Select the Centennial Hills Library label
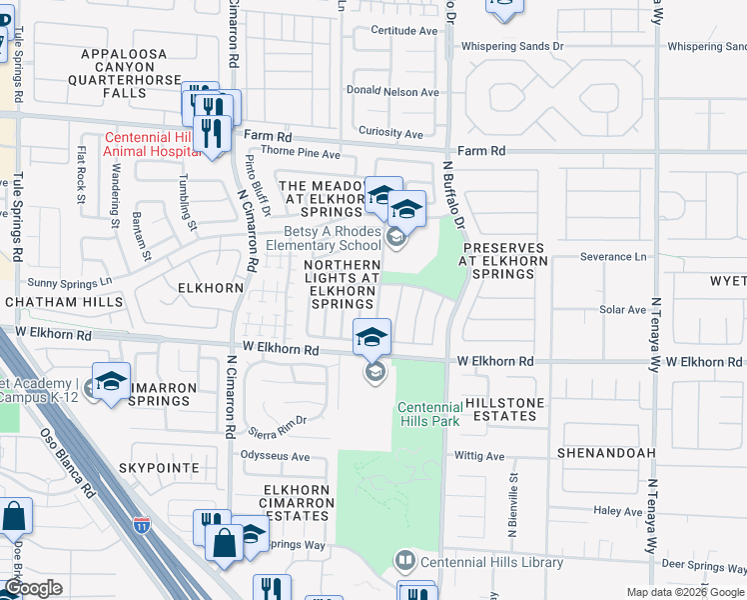point(491,562)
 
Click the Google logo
point(33,588)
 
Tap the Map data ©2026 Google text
point(685,592)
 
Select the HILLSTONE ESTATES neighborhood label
point(506,405)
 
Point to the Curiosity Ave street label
point(390,133)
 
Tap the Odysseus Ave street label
point(276,456)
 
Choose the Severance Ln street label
point(613,257)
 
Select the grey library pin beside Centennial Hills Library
point(404,560)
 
